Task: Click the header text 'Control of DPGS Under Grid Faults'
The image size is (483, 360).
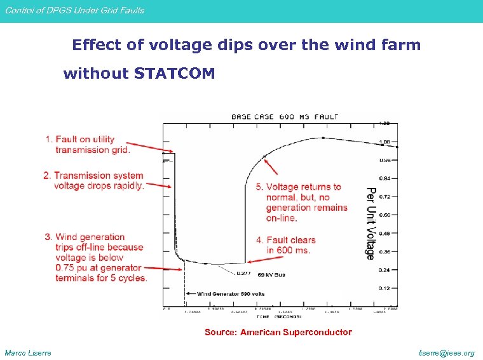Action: click(75, 10)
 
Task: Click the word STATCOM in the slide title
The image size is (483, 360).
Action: click(175, 74)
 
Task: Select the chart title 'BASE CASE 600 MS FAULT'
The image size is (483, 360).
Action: click(284, 116)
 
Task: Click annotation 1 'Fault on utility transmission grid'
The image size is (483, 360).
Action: click(88, 145)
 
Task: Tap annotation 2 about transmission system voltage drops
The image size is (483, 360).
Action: click(94, 180)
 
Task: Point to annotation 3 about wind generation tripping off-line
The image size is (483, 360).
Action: click(95, 257)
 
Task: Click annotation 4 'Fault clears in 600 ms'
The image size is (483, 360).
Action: click(286, 245)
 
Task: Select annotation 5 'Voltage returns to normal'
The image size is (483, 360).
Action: click(302, 202)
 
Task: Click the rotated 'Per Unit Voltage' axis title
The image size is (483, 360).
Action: click(371, 223)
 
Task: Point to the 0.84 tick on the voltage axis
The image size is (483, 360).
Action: click(385, 178)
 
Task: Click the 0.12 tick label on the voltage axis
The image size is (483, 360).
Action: click(385, 288)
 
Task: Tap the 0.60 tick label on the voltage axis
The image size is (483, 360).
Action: click(385, 215)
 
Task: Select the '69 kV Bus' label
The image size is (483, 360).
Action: click(271, 275)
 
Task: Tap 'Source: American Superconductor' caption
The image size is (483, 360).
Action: click(278, 332)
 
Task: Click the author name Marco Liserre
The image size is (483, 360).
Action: click(28, 353)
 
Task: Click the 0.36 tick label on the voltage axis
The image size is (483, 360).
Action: click(385, 252)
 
